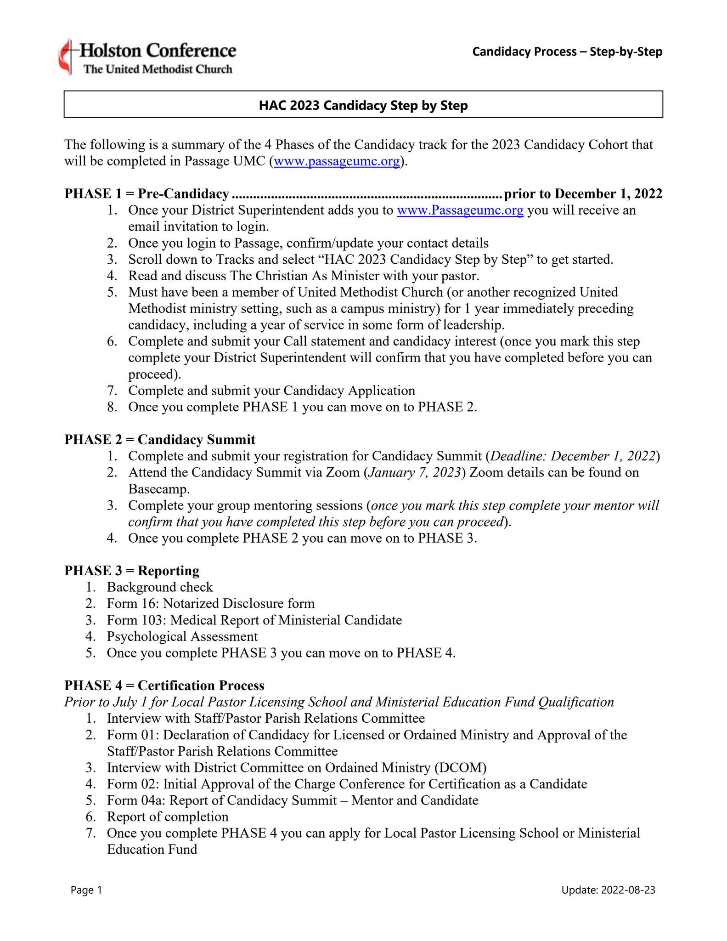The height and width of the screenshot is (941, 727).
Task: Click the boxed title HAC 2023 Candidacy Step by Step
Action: pos(363,105)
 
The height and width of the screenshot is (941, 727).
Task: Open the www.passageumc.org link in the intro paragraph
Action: pos(337,161)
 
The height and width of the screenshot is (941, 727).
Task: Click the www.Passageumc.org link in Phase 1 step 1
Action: pos(460,210)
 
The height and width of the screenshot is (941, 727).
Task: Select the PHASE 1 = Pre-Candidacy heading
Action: pos(147,194)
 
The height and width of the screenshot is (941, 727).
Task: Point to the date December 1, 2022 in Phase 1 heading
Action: pos(608,194)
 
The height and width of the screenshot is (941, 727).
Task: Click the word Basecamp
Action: pos(158,489)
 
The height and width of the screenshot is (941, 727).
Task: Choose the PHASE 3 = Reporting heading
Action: pos(132,571)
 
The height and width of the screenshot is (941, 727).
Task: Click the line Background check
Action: pos(159,587)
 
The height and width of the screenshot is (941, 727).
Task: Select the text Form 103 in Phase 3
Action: pos(136,620)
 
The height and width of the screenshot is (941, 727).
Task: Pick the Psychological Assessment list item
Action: pos(182,636)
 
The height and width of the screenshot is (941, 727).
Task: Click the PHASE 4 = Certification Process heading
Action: pos(164,686)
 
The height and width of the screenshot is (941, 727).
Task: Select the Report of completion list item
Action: pos(167,817)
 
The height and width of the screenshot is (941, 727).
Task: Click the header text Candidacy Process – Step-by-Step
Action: pos(567,51)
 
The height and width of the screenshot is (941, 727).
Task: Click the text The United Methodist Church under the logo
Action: pos(158,69)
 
